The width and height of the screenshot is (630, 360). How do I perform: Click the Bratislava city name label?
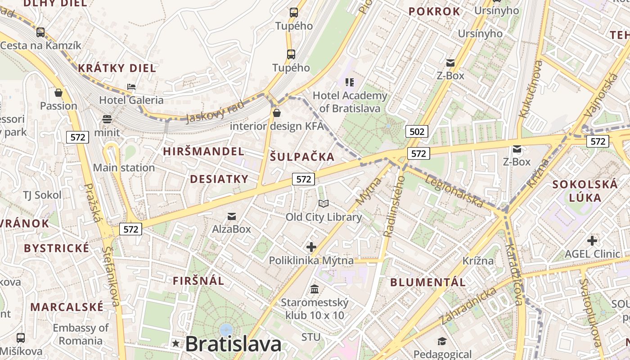(233, 344)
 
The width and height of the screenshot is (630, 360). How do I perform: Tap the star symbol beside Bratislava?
(175, 344)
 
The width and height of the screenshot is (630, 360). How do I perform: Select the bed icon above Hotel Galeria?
(131, 86)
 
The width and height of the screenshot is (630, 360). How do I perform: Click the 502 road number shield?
(417, 131)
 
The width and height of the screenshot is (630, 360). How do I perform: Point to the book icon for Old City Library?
(324, 203)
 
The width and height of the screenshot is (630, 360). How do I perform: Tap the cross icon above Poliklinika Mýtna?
(311, 247)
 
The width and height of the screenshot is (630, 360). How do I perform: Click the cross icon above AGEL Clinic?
(592, 240)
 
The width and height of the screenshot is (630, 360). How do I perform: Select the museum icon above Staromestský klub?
(315, 288)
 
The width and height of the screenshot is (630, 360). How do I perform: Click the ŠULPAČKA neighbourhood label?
(302, 157)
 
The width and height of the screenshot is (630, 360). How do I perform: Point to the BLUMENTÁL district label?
(427, 283)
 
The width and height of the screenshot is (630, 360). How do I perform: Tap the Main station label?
(124, 168)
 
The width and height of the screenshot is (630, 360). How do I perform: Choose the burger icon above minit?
(107, 119)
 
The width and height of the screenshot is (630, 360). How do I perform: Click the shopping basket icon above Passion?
(58, 93)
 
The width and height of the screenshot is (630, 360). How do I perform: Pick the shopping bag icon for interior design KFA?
(277, 112)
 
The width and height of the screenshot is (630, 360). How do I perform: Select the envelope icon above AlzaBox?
(232, 216)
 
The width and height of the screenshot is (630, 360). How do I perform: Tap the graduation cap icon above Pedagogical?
(442, 341)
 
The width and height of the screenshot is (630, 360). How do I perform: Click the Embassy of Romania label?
(81, 334)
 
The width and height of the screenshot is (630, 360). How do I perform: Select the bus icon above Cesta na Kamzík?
(40, 32)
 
